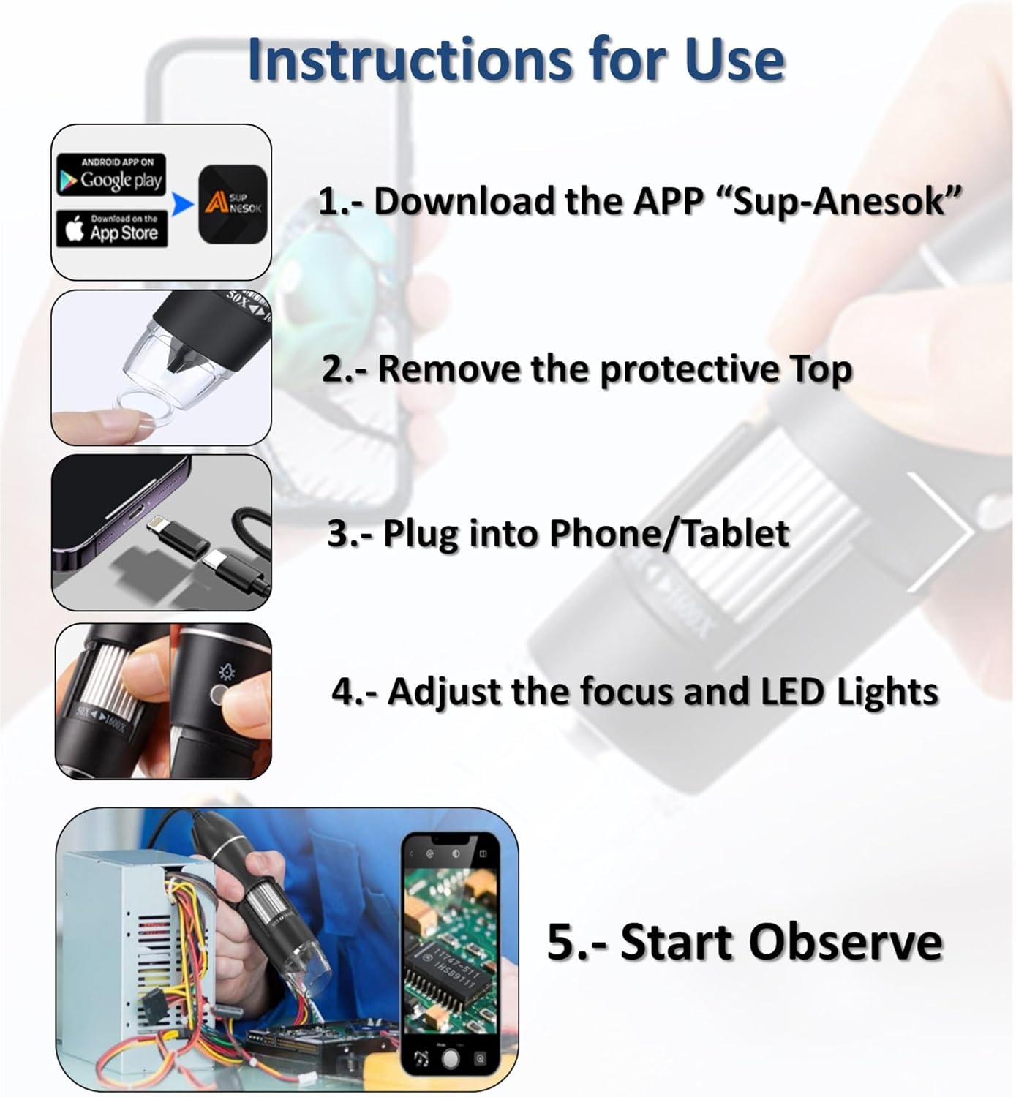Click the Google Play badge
(x=111, y=175)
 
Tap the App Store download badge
(x=112, y=229)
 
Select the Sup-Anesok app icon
(x=233, y=204)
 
